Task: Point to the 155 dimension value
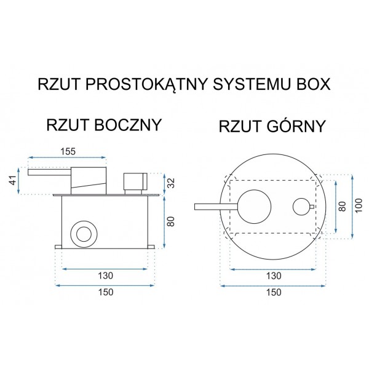coord(69,150)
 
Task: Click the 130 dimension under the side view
coord(105,276)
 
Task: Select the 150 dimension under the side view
coord(105,292)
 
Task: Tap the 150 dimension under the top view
coord(274,292)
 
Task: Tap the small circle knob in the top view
coord(300,206)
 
